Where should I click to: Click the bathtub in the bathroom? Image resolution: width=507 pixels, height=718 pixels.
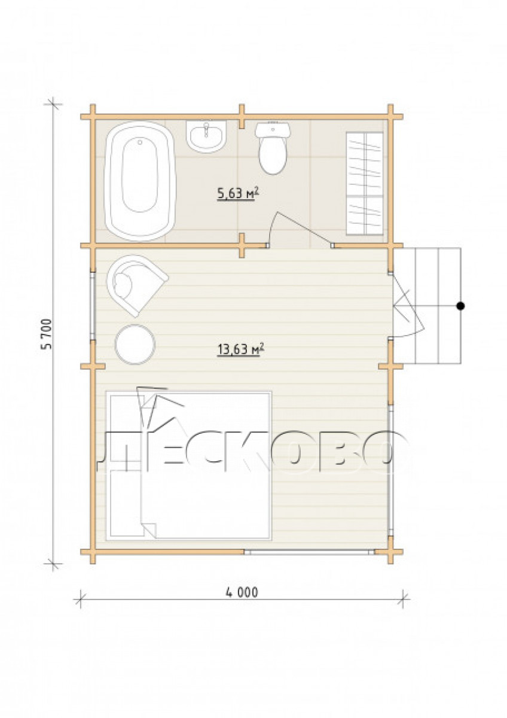point(140,181)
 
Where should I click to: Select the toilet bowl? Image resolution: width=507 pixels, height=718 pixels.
point(273,148)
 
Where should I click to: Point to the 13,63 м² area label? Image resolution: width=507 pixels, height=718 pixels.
point(240,349)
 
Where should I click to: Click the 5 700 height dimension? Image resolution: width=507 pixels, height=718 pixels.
point(47,334)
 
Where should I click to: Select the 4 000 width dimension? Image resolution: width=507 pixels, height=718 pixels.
point(242,593)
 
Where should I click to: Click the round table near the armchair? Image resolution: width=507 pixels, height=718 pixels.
point(135,345)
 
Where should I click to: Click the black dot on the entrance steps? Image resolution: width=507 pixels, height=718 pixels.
point(460,306)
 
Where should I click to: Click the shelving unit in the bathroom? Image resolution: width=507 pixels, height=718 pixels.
point(365,184)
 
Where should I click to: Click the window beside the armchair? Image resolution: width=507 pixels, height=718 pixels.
point(93,306)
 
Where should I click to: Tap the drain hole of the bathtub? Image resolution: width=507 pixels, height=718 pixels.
point(140,142)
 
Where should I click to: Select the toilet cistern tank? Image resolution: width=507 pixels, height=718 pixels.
point(273,129)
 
